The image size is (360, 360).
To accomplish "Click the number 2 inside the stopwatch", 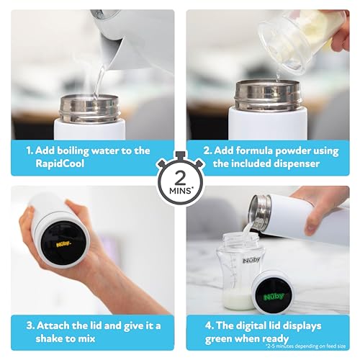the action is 180,178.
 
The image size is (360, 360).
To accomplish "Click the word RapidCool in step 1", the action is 60,163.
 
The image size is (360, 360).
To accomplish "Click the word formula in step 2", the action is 254,151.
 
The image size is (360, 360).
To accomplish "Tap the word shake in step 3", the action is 50,338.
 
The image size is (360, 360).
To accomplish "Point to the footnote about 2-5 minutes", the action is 305,346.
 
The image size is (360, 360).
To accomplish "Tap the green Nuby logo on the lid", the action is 274,297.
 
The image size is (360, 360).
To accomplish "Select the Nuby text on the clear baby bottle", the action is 251,261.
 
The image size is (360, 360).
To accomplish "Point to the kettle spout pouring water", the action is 113,53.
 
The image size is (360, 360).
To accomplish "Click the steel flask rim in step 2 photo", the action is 268,95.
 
